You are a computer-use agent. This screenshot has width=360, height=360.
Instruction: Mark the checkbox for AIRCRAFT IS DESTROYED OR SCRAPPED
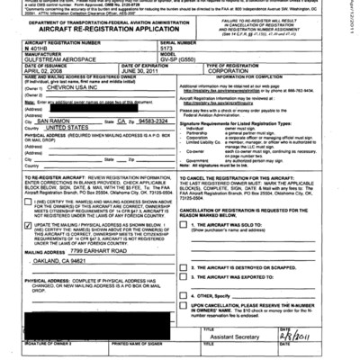(x=185, y=267)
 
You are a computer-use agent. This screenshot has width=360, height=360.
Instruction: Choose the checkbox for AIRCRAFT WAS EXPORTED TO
(x=185, y=279)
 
